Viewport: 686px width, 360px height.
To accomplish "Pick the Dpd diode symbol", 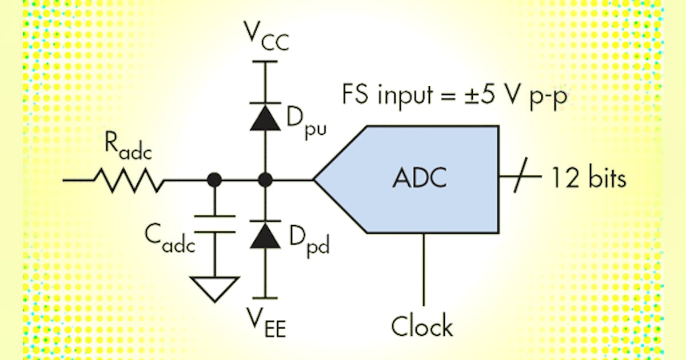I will pyautogui.click(x=265, y=234).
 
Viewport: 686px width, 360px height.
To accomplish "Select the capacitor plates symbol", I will pyautogui.click(x=214, y=223).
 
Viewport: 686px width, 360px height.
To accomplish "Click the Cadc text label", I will pyautogui.click(x=169, y=241).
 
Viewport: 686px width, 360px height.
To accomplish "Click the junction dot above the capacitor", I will pyautogui.click(x=214, y=180).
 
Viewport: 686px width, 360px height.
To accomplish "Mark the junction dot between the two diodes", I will pyautogui.click(x=265, y=180).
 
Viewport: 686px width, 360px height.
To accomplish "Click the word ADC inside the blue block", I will pyautogui.click(x=419, y=179).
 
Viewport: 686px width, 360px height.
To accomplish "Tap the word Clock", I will pyautogui.click(x=422, y=326).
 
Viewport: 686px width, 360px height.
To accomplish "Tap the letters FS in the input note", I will pyautogui.click(x=354, y=93).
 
